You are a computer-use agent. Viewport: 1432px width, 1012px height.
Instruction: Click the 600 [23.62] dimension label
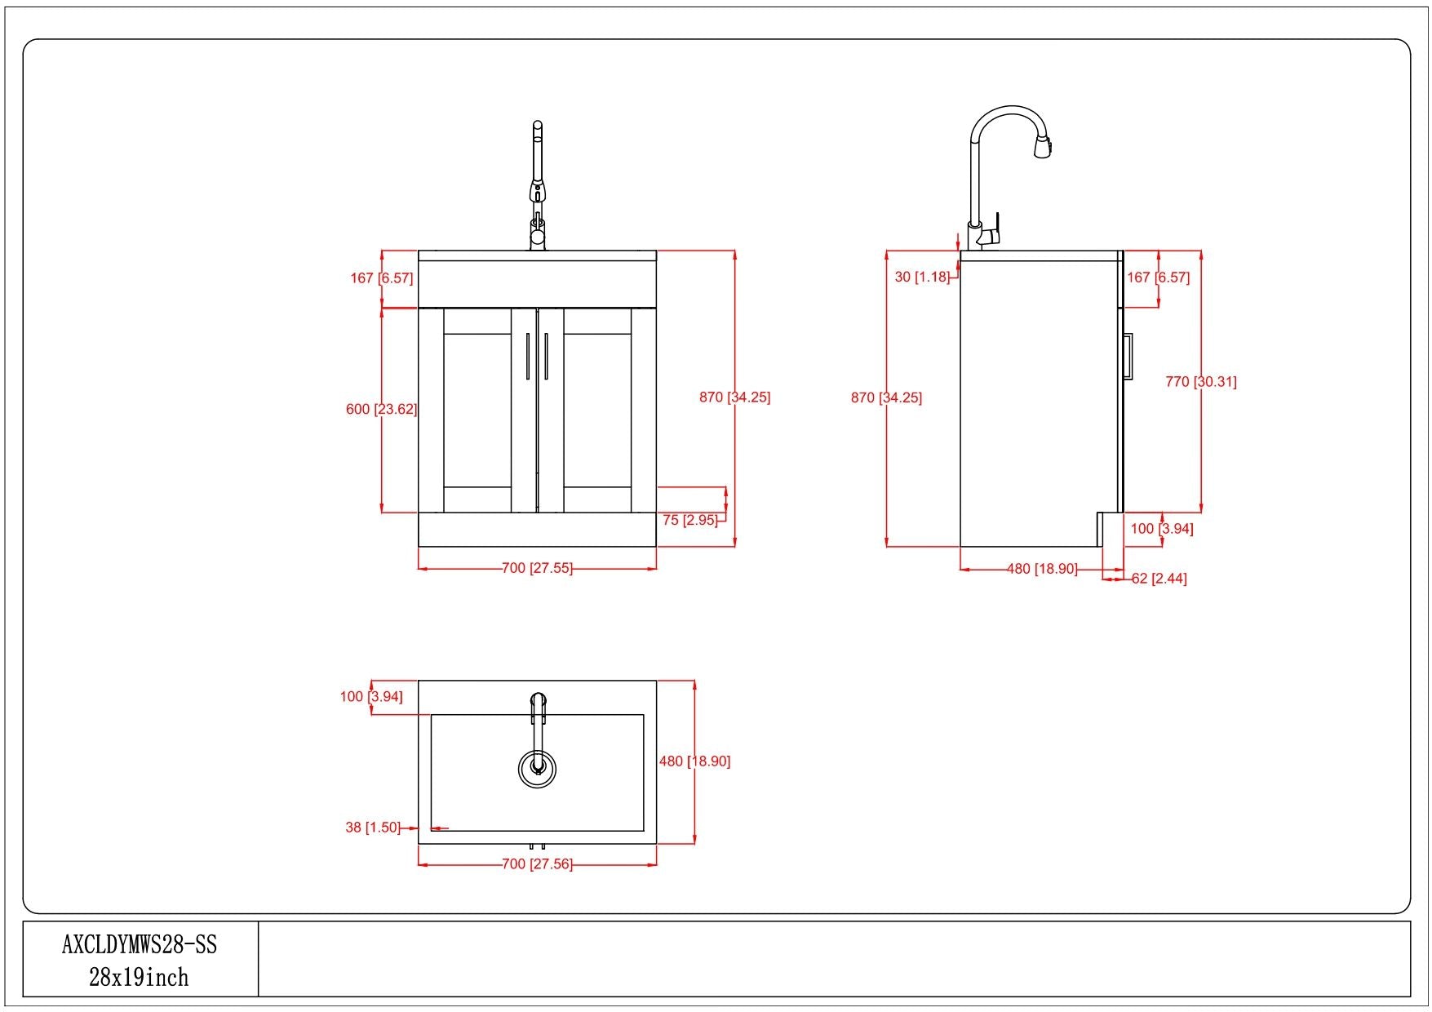coord(381,409)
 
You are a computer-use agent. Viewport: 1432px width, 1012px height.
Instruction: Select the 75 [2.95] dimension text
coord(689,520)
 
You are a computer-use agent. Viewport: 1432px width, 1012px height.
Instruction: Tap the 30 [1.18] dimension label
coord(922,277)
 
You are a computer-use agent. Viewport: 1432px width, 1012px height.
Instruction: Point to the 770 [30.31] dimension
coord(1201,381)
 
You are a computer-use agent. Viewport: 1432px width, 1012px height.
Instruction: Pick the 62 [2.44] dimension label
coord(1159,579)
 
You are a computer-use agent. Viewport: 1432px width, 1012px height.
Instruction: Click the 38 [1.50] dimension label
coord(373,828)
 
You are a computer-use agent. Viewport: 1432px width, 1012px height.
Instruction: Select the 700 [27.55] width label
coord(537,568)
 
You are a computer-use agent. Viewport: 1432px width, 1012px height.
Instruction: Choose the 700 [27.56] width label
coord(537,863)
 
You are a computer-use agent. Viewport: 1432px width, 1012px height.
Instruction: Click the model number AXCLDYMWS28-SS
coord(140,944)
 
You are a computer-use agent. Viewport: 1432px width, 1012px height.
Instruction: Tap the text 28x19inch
coord(139,977)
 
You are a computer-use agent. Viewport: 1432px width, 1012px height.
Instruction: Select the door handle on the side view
coord(1128,356)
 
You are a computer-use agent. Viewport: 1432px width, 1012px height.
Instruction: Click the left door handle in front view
coord(528,356)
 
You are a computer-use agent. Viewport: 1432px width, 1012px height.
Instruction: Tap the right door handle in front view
coord(546,356)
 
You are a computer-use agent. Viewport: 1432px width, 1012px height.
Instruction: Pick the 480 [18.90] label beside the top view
coord(694,761)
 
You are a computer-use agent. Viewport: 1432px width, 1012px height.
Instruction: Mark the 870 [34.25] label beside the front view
coord(734,397)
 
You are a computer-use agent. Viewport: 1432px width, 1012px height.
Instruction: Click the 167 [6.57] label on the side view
coord(1158,277)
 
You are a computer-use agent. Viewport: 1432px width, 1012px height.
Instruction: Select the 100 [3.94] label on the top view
coord(371,697)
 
